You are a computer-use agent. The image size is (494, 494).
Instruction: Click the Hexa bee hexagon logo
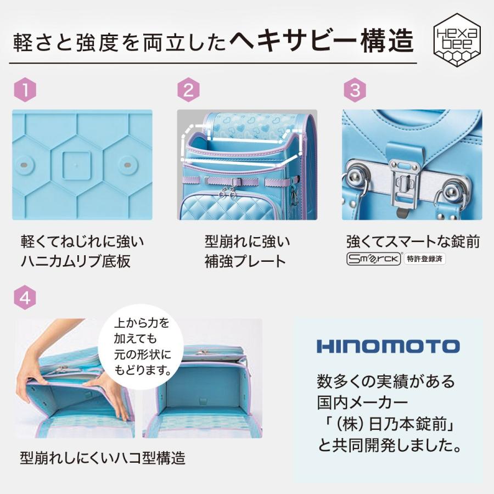(457, 43)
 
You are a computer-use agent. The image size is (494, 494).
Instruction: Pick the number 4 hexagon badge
(25, 299)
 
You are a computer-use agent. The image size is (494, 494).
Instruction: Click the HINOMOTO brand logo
(388, 346)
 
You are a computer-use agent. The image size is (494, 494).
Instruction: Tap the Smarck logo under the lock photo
(374, 260)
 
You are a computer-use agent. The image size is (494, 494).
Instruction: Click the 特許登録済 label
(425, 260)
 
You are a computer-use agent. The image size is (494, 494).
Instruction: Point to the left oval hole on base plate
(24, 165)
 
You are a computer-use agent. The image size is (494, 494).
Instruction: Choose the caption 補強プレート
(245, 261)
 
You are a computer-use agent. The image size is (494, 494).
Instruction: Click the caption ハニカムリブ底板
(75, 261)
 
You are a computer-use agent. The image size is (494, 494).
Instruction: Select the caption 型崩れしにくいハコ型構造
(103, 457)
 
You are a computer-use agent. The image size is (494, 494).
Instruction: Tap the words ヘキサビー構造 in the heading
(321, 42)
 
